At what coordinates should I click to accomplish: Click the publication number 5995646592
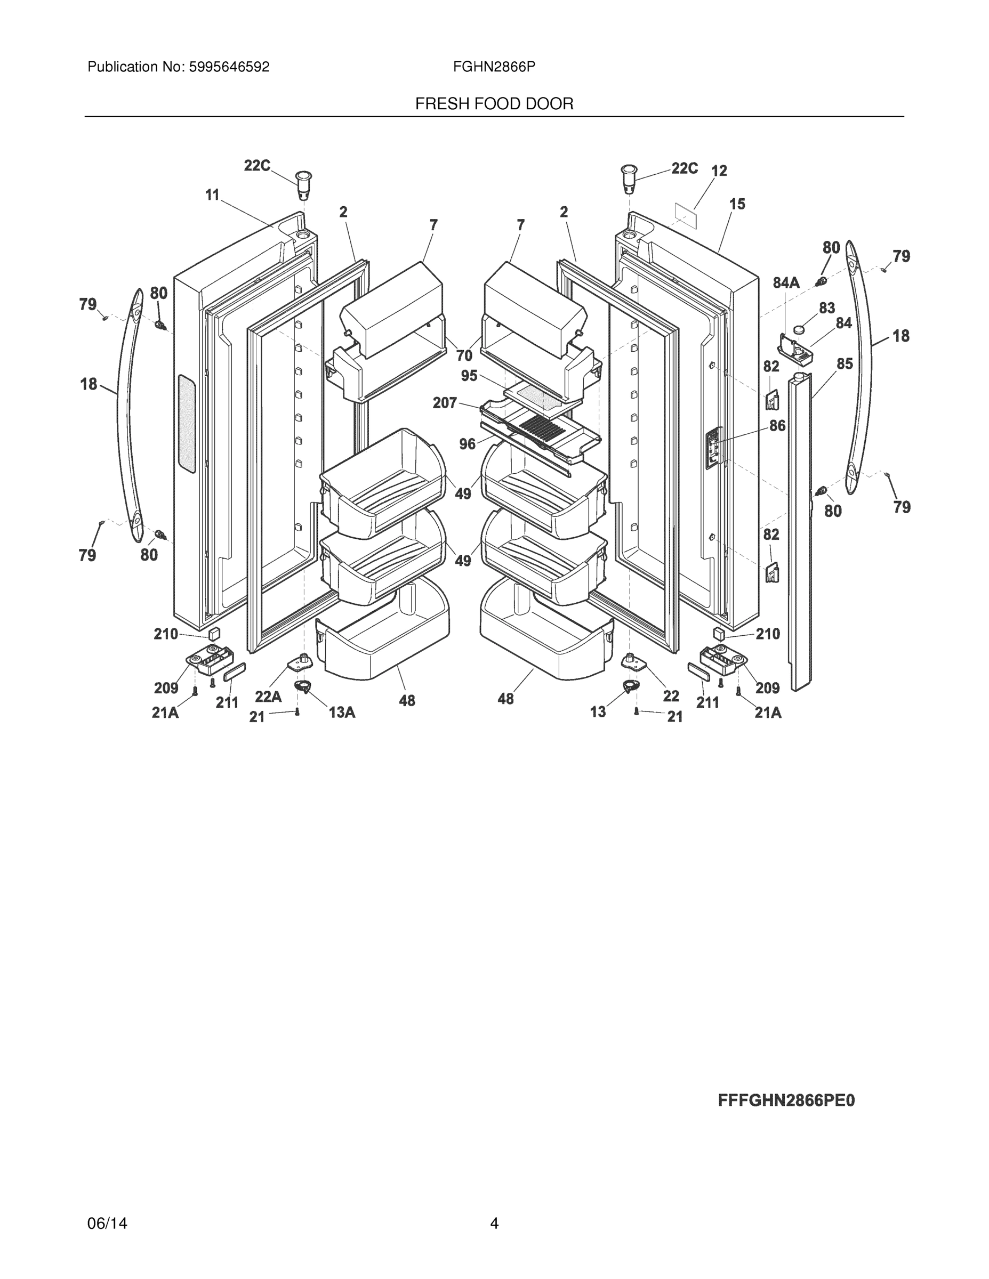(229, 67)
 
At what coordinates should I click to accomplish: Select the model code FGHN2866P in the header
(494, 67)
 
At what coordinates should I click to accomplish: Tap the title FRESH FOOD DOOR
(494, 104)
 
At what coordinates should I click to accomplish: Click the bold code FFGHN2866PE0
(786, 1101)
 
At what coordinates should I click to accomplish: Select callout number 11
(212, 195)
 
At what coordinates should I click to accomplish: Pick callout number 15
(737, 205)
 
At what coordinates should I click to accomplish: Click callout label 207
(445, 403)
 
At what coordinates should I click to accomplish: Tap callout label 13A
(342, 712)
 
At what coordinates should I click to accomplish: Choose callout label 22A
(268, 697)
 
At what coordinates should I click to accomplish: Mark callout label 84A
(786, 283)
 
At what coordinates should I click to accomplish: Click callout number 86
(777, 426)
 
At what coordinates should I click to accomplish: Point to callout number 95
(469, 375)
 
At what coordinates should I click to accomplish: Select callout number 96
(467, 444)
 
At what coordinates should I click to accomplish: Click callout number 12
(719, 171)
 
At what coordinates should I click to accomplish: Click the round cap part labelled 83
(799, 330)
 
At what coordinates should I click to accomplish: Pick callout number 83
(827, 308)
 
